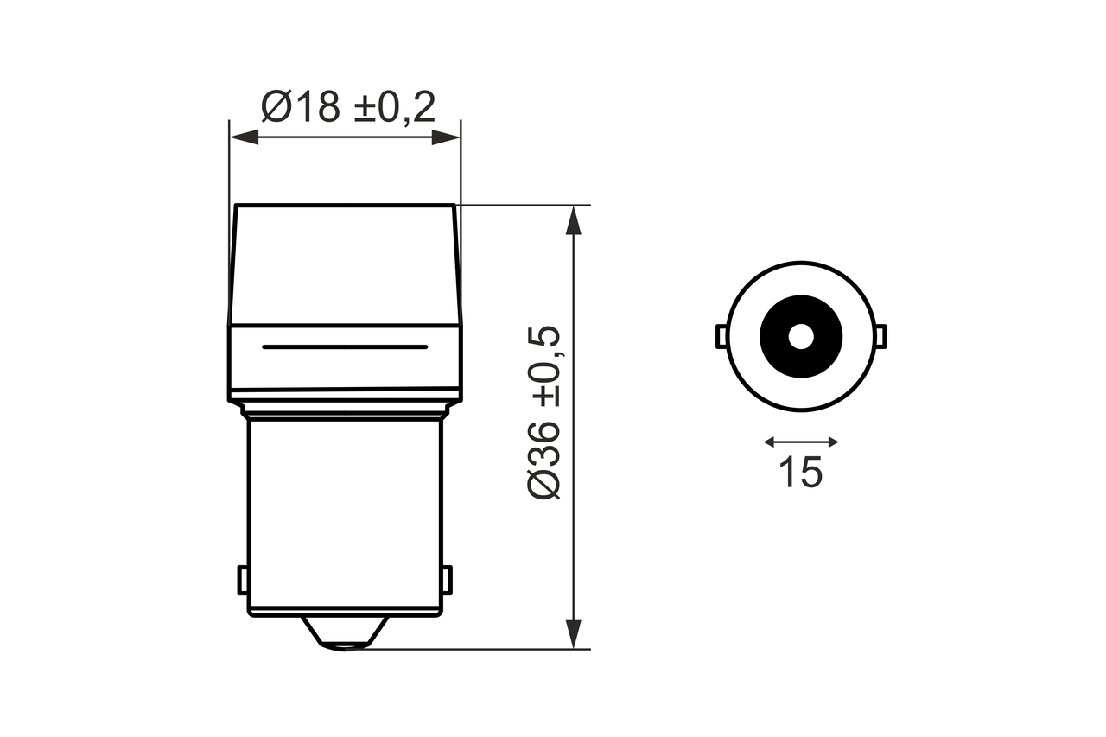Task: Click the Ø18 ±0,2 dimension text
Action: [347, 107]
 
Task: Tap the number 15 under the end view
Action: [800, 472]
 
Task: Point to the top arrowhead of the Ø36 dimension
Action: [572, 221]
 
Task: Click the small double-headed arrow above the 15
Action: [801, 442]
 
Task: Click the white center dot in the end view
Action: [801, 336]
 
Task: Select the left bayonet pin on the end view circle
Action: [720, 336]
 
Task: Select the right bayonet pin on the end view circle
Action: [881, 336]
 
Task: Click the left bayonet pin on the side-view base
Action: [243, 580]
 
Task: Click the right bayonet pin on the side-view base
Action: [447, 580]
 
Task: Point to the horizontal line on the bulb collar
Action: [345, 346]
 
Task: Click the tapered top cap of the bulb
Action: [345, 264]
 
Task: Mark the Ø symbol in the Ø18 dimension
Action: [277, 107]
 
